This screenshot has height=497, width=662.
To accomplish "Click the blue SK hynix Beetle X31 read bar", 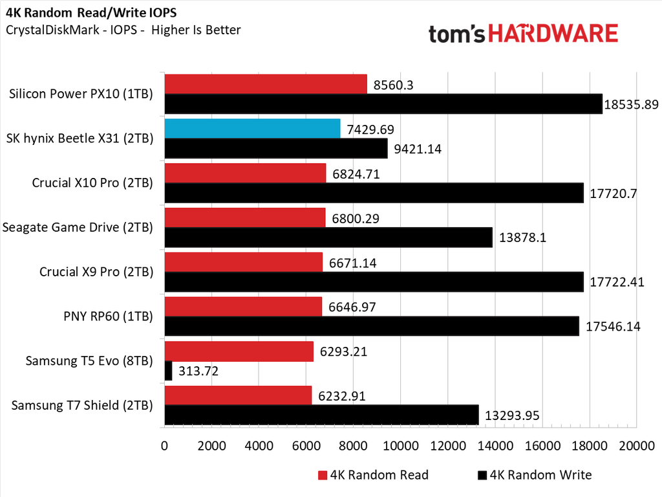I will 252,128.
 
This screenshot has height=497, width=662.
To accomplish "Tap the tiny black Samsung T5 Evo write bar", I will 169,370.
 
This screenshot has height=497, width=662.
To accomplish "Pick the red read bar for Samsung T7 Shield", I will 238,395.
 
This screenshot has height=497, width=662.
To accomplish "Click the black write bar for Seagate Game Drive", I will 328,237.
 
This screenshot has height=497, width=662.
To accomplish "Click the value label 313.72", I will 199,371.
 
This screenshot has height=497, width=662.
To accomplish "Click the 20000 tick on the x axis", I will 637,446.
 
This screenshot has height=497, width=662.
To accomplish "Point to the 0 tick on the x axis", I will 165,446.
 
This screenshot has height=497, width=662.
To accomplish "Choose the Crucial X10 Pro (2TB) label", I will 92,182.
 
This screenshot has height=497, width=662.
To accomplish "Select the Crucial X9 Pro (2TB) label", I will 96,272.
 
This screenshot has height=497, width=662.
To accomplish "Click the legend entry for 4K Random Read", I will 373,475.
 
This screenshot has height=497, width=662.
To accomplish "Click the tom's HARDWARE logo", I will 523,34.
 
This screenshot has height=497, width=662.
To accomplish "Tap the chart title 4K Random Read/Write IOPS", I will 91,13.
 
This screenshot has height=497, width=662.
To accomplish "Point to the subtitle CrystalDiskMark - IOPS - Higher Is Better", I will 123,30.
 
